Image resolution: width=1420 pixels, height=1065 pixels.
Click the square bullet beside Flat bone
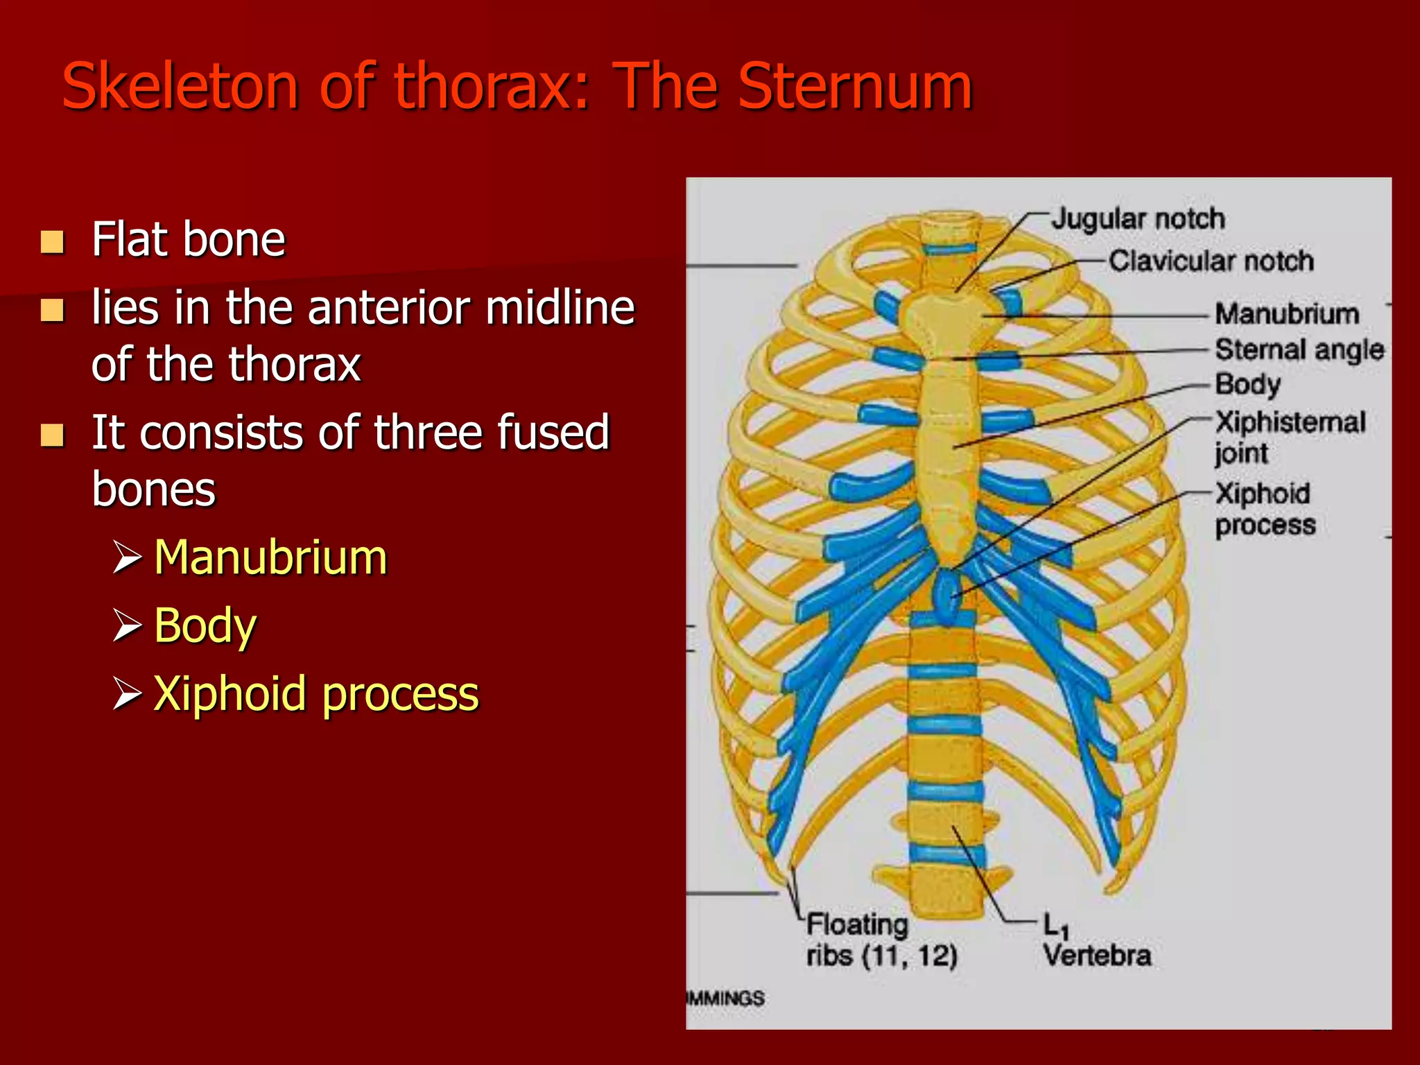tap(53, 242)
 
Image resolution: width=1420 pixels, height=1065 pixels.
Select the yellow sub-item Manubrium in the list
tap(270, 557)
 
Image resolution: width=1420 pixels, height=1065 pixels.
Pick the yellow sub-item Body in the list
tap(205, 625)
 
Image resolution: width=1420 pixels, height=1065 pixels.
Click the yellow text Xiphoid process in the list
tap(316, 693)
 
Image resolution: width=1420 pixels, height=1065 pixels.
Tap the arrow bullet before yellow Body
tap(127, 625)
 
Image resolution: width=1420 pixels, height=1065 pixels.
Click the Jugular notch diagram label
tap(1138, 219)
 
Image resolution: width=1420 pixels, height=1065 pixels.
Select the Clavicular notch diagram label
tap(1211, 261)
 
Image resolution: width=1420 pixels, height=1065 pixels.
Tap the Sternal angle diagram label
tap(1299, 349)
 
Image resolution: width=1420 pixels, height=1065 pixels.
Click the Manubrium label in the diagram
tap(1287, 314)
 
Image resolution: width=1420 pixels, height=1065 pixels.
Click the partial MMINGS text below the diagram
tap(725, 998)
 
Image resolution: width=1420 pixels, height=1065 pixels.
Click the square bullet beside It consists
tap(53, 435)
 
